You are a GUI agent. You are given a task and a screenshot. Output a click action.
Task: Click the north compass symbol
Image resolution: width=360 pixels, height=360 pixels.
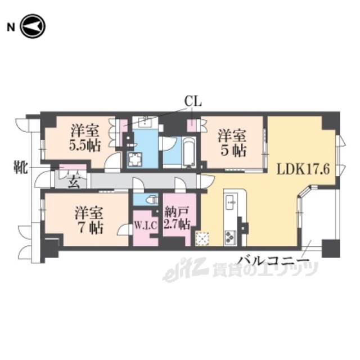coord(33,26)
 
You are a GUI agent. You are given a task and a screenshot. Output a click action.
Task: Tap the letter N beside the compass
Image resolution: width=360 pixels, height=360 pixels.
coord(11,28)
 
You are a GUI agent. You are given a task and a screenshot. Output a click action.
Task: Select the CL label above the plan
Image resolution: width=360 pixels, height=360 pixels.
coord(193,101)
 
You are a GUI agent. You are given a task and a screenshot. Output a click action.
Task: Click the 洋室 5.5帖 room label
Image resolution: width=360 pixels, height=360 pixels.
coord(85,138)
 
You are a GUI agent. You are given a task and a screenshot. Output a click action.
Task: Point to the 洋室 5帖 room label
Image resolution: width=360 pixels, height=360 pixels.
coord(232,143)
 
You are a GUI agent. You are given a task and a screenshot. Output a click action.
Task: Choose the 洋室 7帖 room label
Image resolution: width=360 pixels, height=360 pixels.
coord(89,220)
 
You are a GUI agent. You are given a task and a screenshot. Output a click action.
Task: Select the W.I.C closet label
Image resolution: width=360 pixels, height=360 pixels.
coord(146,226)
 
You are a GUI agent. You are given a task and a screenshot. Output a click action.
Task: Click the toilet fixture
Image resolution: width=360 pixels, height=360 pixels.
coord(152,200)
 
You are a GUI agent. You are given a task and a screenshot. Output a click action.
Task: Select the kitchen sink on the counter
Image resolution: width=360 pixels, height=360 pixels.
coord(231,202)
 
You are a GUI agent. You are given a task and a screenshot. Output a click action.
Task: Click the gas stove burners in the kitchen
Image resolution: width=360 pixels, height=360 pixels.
coord(230,237)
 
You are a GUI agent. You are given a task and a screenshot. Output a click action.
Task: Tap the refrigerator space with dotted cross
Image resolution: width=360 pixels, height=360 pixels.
coord(202,239)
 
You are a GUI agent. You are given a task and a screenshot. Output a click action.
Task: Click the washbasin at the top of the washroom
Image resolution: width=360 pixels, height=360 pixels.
coord(146,120)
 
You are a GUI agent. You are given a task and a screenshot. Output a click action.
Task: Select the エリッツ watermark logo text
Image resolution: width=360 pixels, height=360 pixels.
coord(240,270)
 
